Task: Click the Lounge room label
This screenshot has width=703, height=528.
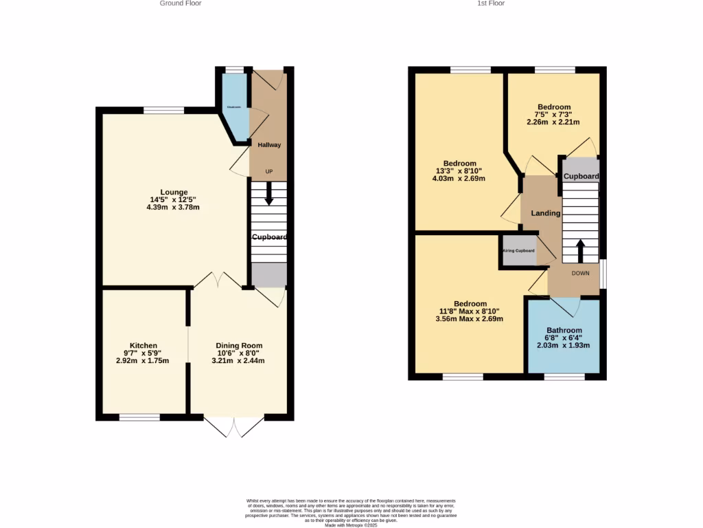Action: tap(174, 192)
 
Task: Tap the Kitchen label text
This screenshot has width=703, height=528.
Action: tap(143, 345)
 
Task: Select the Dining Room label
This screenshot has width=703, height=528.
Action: tap(239, 345)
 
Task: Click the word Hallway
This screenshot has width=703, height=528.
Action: tap(268, 145)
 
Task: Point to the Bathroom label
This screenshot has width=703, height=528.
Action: tap(564, 330)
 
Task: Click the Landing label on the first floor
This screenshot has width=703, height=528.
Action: tap(545, 213)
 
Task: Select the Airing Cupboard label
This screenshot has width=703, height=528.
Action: tap(518, 250)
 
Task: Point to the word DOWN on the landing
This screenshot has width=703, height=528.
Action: tap(580, 273)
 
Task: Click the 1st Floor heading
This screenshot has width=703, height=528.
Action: tap(491, 3)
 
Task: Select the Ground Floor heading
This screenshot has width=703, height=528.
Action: tap(181, 3)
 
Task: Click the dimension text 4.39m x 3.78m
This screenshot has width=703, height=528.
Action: tap(173, 207)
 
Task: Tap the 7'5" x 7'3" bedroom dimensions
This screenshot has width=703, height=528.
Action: tap(553, 115)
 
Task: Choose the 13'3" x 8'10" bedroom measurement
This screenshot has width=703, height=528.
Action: tap(459, 171)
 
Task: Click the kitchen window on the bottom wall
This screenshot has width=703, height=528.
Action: tap(139, 417)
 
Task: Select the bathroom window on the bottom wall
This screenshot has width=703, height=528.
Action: tap(564, 377)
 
